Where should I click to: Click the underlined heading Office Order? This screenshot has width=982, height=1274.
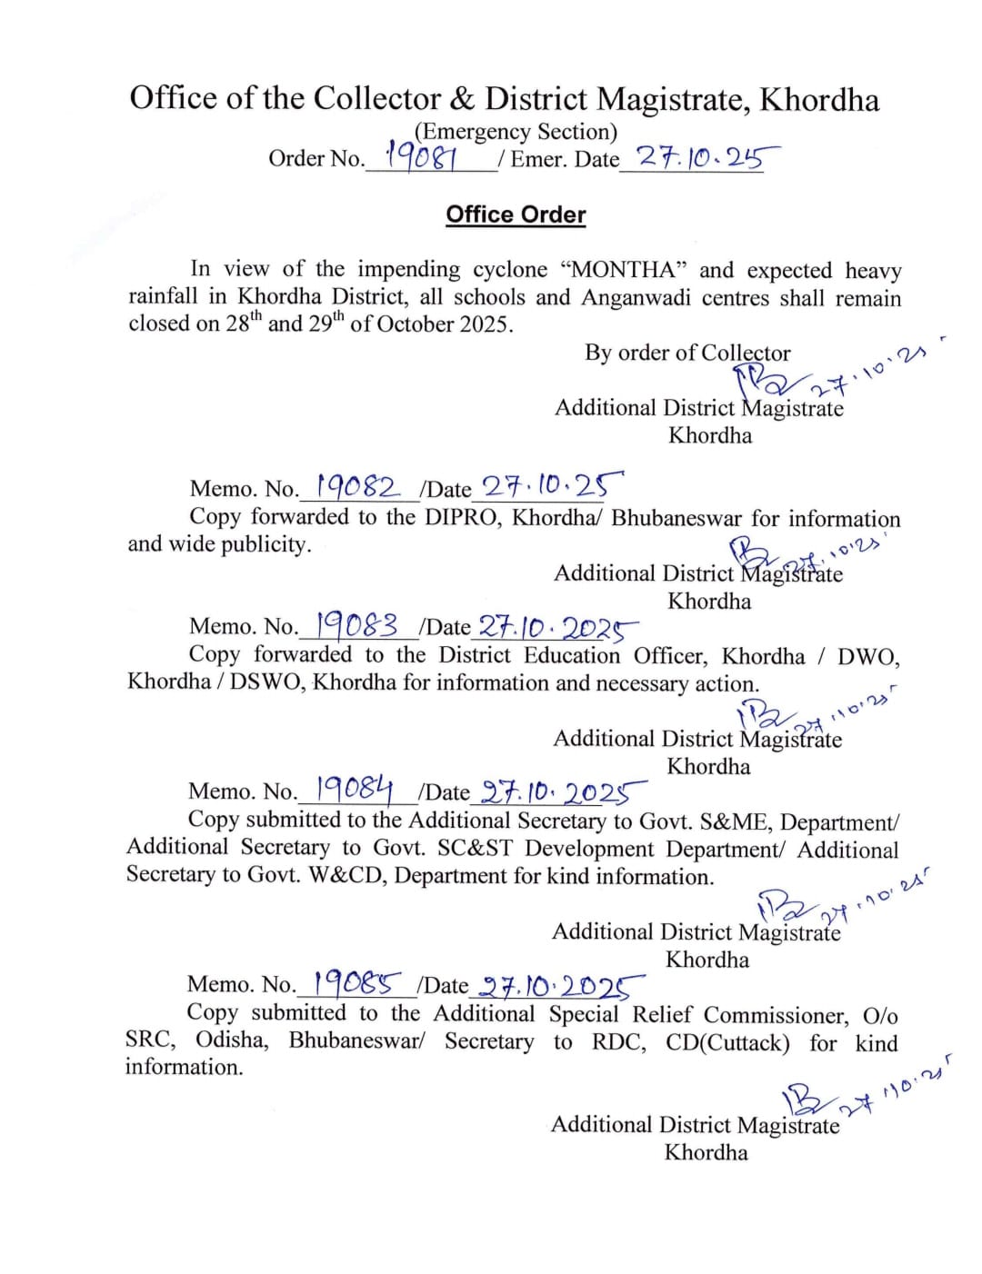click(516, 214)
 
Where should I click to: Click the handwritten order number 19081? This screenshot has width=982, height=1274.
click(420, 157)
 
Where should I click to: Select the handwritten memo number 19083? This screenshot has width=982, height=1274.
click(356, 625)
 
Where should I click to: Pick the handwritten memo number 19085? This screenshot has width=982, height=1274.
click(356, 983)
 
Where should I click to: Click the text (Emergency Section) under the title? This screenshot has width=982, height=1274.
click(516, 132)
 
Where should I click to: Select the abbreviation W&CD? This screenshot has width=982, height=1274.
click(346, 876)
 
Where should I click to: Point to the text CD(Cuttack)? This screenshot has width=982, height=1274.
click(726, 1042)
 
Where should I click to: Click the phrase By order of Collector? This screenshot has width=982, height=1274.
click(687, 353)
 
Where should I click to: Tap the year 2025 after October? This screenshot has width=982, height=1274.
click(483, 324)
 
